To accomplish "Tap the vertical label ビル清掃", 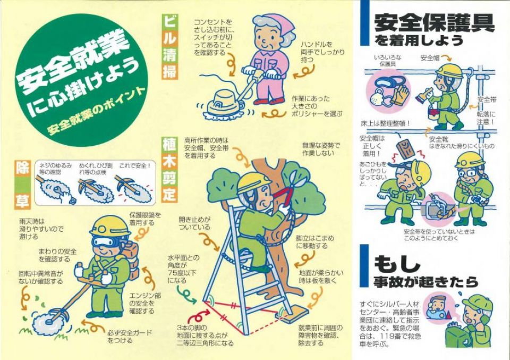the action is coord(169,47).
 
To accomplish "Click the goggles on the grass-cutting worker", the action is coord(105,241).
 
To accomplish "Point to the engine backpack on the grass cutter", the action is coord(131,261).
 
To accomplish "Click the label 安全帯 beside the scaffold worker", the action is coord(487,99).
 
